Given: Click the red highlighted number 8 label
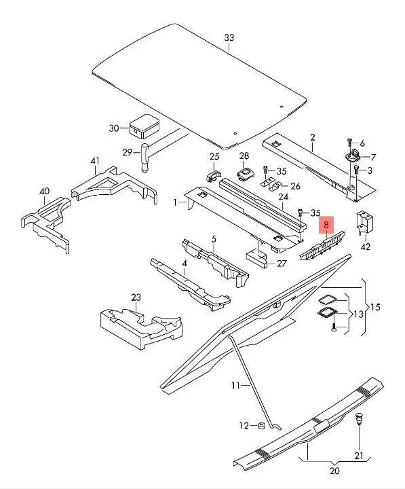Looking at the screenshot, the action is (326, 225).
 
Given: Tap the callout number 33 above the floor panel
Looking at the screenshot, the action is (229, 38).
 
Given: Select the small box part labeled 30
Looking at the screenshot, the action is (144, 126).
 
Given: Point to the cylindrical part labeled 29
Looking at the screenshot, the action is (145, 158).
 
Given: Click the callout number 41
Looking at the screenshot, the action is (95, 161).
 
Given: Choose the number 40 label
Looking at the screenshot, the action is (45, 191).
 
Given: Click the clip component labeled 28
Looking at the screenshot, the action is (245, 173).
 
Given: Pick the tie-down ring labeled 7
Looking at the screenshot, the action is (352, 156).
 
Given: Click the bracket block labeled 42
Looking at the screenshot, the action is (364, 223).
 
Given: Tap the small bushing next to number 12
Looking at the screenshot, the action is (261, 425).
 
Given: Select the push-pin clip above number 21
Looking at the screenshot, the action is (359, 418).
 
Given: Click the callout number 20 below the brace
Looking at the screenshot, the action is (334, 471).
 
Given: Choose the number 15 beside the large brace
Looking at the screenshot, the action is (375, 307).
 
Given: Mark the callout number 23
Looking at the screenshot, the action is (136, 297).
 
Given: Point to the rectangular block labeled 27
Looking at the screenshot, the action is (256, 258).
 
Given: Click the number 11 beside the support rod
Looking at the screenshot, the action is (236, 386).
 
